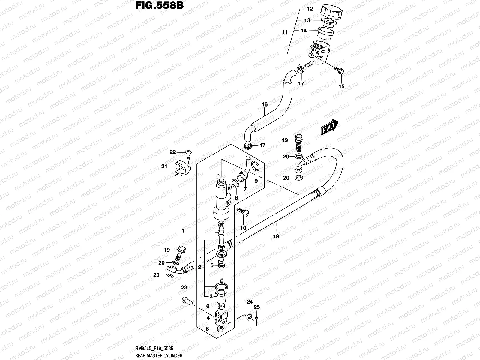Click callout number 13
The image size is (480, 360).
[307, 20]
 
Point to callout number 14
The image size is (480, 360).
[304, 30]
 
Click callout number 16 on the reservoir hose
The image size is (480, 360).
[264, 104]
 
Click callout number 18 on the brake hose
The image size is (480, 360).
[276, 236]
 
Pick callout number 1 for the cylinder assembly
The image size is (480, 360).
[183, 231]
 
